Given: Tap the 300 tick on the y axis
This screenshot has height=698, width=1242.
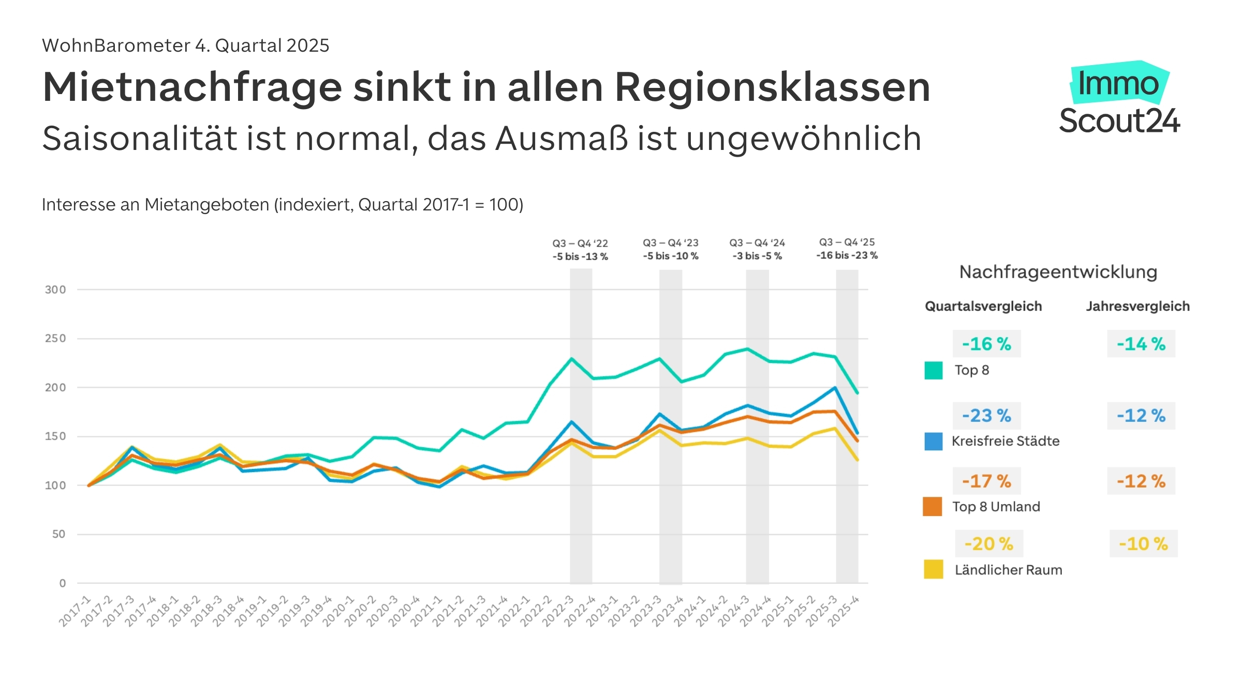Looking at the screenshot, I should [55, 290].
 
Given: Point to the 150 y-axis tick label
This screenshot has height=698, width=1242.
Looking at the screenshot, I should [55, 436].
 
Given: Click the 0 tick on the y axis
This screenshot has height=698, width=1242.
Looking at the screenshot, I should [63, 583].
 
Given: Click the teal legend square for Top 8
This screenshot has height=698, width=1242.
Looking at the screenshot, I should [934, 370].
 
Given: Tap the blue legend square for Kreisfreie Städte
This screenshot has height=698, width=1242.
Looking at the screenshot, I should [934, 441].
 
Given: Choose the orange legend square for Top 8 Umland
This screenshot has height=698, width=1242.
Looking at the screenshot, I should [933, 507].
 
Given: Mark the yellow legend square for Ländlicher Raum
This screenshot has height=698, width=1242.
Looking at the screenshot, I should [934, 569].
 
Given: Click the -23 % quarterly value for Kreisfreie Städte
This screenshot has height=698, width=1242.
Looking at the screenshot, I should [986, 416].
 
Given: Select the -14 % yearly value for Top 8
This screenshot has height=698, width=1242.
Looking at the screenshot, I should [1141, 344].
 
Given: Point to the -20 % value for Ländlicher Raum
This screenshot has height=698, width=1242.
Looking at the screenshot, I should [989, 544].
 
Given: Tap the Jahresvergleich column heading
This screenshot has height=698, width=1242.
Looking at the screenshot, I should [1137, 306].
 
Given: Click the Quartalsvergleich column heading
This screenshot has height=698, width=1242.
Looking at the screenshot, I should [983, 306].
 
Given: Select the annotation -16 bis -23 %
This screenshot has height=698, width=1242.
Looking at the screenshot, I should [847, 255].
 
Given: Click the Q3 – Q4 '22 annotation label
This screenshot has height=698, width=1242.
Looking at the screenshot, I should [580, 243].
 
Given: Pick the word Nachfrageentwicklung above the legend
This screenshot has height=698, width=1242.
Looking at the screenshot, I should [1058, 272].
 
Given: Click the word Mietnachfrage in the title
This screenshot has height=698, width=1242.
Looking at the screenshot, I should [193, 87].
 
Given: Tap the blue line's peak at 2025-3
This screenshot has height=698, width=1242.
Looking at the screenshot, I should [835, 387].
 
